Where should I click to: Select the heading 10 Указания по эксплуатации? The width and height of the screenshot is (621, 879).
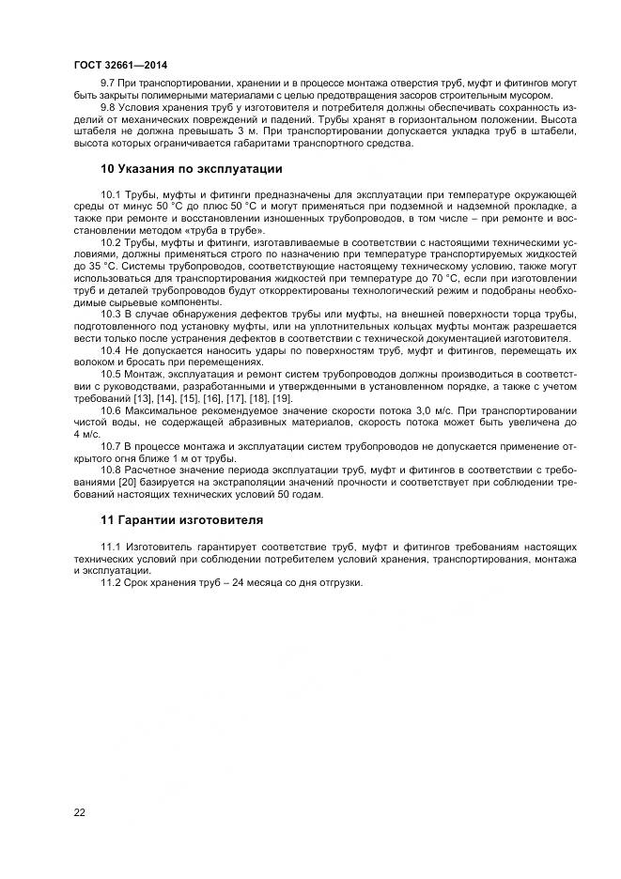(x=192, y=169)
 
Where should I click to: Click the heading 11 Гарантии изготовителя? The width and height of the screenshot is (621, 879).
(x=182, y=519)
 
